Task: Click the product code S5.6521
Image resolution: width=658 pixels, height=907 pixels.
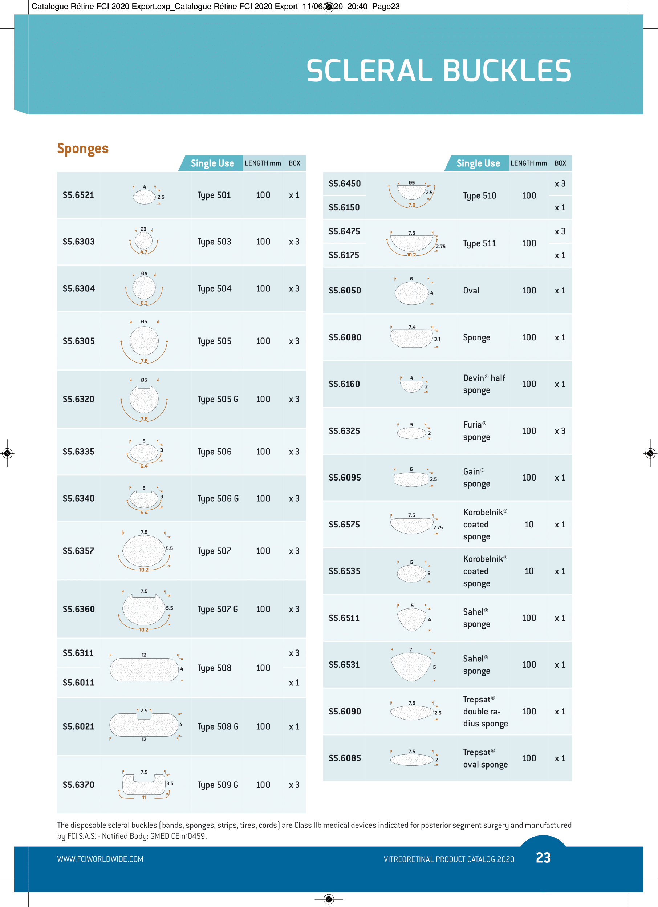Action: click(x=78, y=195)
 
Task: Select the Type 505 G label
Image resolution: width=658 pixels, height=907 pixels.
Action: click(x=218, y=399)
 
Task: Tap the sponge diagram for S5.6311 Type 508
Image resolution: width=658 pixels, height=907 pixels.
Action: click(x=144, y=669)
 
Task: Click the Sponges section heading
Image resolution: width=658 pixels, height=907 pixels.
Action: click(x=83, y=148)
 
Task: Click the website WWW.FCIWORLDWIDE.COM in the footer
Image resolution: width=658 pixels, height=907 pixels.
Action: click(x=100, y=859)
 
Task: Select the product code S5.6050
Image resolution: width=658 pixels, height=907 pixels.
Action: click(x=345, y=291)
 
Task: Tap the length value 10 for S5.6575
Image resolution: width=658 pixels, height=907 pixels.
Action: click(x=528, y=524)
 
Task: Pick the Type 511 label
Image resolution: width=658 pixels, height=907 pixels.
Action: click(x=479, y=243)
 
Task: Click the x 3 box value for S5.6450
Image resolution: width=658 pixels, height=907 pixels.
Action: click(x=560, y=183)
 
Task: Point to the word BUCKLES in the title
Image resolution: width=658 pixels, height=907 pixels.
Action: click(x=507, y=71)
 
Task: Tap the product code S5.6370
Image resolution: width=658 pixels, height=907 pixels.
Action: click(x=78, y=785)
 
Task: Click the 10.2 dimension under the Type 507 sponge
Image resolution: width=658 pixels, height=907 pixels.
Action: click(x=144, y=570)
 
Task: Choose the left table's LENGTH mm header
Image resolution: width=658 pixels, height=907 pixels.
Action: click(x=263, y=163)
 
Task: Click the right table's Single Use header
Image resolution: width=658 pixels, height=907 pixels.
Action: click(x=478, y=163)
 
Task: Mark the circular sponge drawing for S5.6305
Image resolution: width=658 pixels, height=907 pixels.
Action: click(x=144, y=341)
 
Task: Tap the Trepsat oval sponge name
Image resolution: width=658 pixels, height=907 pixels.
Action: click(x=485, y=758)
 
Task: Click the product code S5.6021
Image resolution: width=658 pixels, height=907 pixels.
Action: click(x=78, y=726)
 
